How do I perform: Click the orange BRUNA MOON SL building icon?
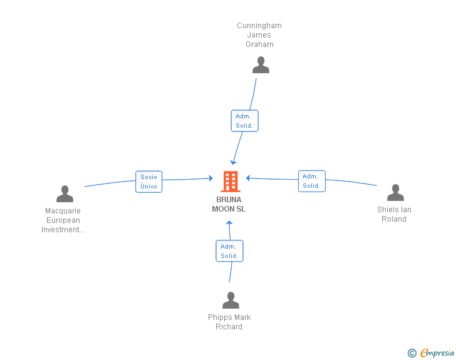(x=231, y=182)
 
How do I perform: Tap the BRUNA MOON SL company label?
(x=229, y=204)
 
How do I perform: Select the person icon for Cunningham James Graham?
(x=261, y=65)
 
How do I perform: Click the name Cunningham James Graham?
(x=259, y=35)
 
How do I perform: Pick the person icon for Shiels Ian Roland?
(x=395, y=193)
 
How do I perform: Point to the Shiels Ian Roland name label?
(x=394, y=214)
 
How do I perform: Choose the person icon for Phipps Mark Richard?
(x=231, y=301)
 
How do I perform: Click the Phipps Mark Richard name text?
(x=229, y=322)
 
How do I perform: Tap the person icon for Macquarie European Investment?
(x=65, y=194)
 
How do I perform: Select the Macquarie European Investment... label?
(x=63, y=220)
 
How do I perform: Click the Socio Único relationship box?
(x=149, y=182)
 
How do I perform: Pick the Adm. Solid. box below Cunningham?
(x=244, y=121)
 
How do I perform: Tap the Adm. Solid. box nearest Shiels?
(x=311, y=181)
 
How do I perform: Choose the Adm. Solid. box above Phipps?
(x=229, y=251)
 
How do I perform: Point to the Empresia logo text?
(x=437, y=353)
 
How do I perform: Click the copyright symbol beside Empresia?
(x=412, y=353)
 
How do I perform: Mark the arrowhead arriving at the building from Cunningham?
(x=234, y=162)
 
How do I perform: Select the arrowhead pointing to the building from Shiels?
(x=248, y=178)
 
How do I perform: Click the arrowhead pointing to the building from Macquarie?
(x=211, y=178)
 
